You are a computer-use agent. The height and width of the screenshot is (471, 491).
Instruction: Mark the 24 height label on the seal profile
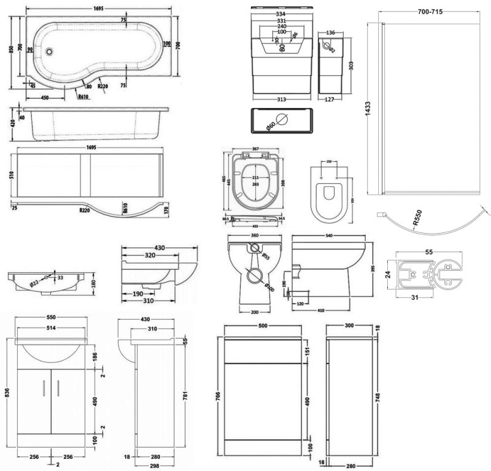coord(388,275)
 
